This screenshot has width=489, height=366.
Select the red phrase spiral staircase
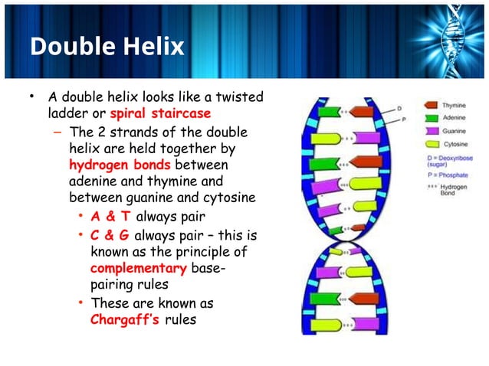pos(160,114)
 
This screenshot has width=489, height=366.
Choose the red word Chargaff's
pos(125,319)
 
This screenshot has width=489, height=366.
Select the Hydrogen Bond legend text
pos(457,189)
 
